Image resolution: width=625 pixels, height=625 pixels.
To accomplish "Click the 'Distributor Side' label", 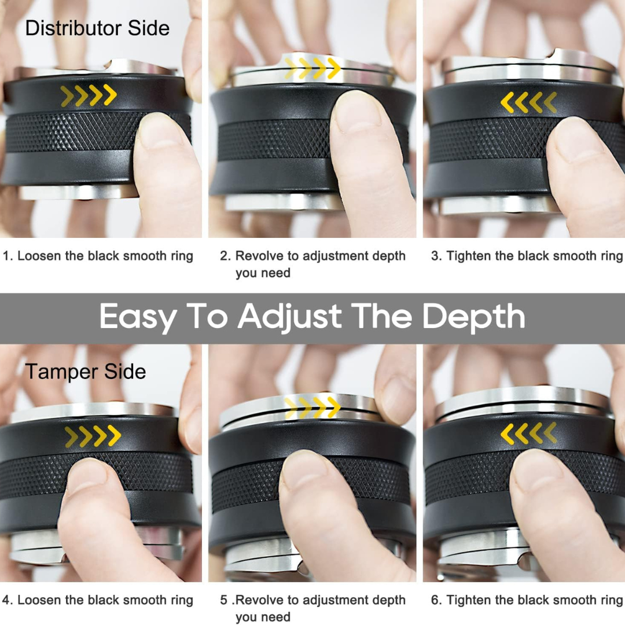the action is [x=97, y=28].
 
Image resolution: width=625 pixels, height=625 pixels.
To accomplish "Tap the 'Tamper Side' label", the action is [x=85, y=372].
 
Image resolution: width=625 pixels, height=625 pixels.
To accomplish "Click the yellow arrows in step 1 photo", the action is [x=89, y=95].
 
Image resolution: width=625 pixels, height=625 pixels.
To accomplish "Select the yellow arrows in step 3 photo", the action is [x=529, y=102].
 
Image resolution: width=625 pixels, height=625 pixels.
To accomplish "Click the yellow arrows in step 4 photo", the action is [x=93, y=436].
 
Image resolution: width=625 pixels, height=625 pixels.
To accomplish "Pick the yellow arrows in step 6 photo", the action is [x=529, y=433].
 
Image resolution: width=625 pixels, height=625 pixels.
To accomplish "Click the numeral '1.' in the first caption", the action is [x=8, y=256].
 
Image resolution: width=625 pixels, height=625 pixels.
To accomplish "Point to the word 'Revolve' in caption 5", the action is [x=259, y=600].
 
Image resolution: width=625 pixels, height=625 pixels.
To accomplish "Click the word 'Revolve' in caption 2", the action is [x=259, y=256].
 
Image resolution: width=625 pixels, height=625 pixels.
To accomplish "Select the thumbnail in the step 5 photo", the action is [x=304, y=471].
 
